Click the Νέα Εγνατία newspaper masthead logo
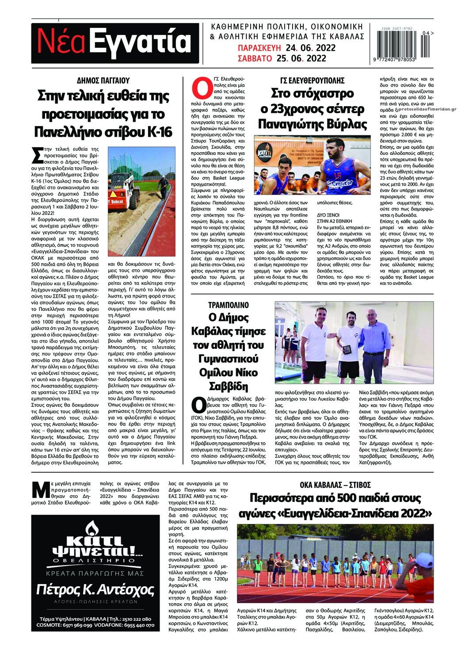tap(114, 43)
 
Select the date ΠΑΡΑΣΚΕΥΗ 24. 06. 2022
tap(286, 48)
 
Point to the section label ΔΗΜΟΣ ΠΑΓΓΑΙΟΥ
tap(103, 80)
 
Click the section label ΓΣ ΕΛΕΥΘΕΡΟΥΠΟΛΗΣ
tap(312, 80)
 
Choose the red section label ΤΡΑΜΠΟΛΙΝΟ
tap(229, 305)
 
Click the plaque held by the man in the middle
tap(347, 349)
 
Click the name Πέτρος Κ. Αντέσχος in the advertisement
tap(95, 590)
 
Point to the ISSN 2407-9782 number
tap(397, 29)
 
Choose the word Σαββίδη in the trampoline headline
tap(228, 386)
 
